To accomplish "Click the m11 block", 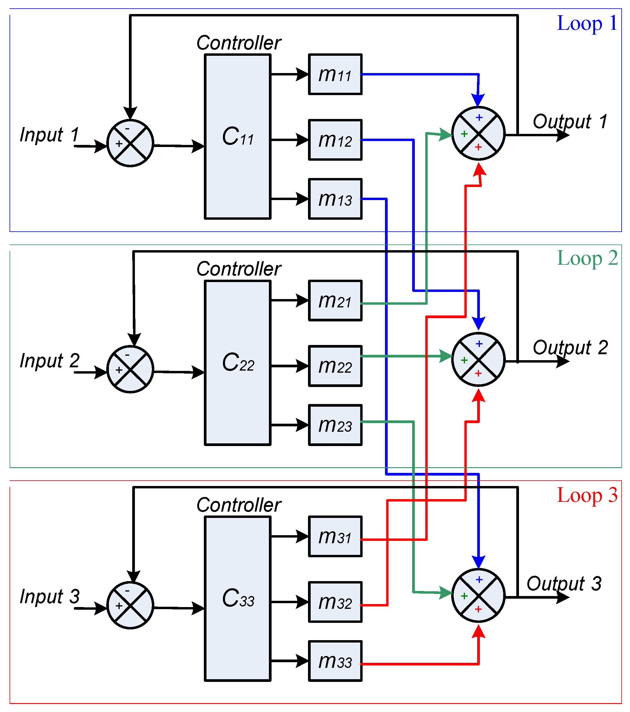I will tap(335, 74).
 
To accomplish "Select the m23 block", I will tap(335, 425).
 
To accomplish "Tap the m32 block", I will tap(335, 602).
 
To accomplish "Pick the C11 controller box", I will tap(238, 137).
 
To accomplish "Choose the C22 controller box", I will tap(238, 363).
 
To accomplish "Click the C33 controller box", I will tap(238, 598).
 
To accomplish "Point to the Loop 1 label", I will tap(587, 24).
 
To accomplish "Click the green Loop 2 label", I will tap(587, 259).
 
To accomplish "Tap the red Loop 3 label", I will tap(587, 495).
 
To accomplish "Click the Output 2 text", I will tap(570, 347).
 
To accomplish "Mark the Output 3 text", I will tap(564, 583).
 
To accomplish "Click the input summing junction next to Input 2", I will tap(130, 369).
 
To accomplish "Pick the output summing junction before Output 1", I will tap(478, 133).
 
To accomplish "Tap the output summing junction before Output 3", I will tap(478, 595).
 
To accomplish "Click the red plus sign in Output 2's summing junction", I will tap(478, 373).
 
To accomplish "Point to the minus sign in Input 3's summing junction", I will tap(127, 591).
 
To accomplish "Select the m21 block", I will tap(335, 300).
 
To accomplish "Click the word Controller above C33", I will tap(238, 505).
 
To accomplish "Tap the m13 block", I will tap(335, 199).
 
